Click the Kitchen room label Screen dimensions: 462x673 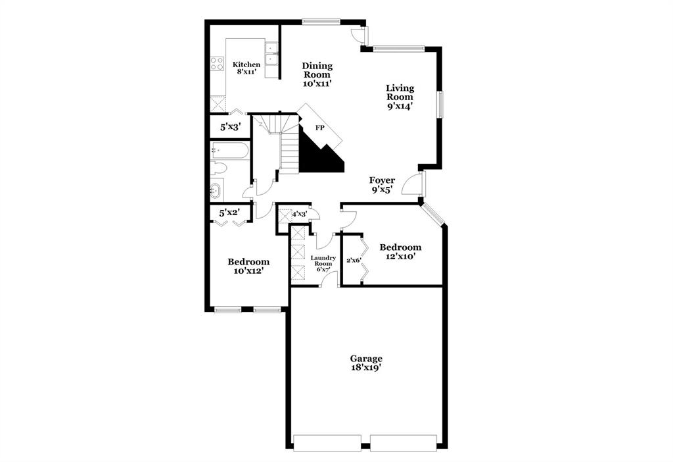pyautogui.click(x=247, y=67)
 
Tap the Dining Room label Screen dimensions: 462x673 pyautogui.click(x=317, y=74)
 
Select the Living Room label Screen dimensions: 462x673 pyautogui.click(x=400, y=97)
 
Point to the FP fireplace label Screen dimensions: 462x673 pyautogui.click(x=320, y=128)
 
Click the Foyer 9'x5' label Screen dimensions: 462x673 pyautogui.click(x=382, y=184)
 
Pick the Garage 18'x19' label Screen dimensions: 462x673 pyautogui.click(x=366, y=363)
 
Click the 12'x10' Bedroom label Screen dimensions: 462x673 pyautogui.click(x=400, y=251)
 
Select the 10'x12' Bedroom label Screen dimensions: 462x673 pyautogui.click(x=248, y=266)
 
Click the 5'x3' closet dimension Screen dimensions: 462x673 pyautogui.click(x=229, y=127)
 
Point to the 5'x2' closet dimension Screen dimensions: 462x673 pyautogui.click(x=229, y=212)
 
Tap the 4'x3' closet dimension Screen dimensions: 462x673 pyautogui.click(x=300, y=214)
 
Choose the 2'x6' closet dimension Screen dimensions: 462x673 pyautogui.click(x=354, y=260)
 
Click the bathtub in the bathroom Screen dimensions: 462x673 pyautogui.click(x=230, y=151)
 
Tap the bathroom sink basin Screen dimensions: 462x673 pyautogui.click(x=216, y=192)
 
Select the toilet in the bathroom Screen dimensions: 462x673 pyautogui.click(x=218, y=169)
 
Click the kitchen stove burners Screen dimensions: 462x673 pyautogui.click(x=217, y=63)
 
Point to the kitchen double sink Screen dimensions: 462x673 pyautogui.click(x=271, y=58)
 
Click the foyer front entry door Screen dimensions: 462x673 pyautogui.click(x=415, y=184)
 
